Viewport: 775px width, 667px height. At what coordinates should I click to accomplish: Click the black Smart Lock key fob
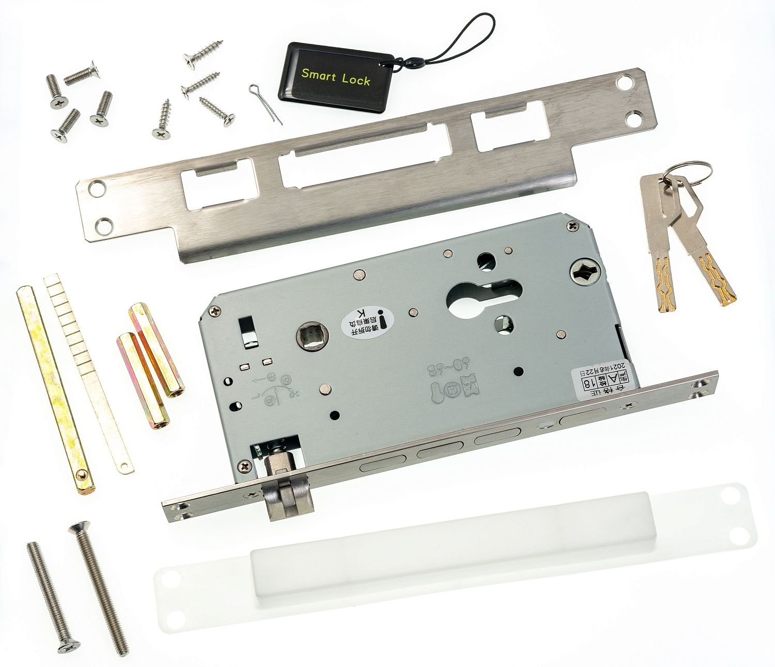331,77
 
